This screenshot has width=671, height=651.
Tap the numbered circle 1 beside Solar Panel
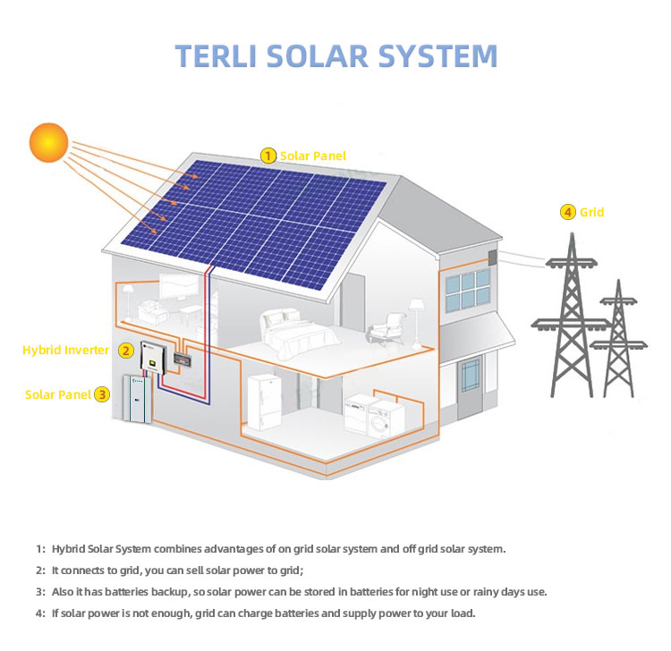[x=268, y=156]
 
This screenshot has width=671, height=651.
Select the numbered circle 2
[x=126, y=351]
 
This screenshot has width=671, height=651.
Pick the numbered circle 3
[x=102, y=393]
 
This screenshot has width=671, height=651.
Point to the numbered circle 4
[x=567, y=212]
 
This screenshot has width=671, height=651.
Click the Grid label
[x=592, y=212]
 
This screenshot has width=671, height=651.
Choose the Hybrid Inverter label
[x=65, y=351]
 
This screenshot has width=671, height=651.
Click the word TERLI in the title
[x=214, y=55]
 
